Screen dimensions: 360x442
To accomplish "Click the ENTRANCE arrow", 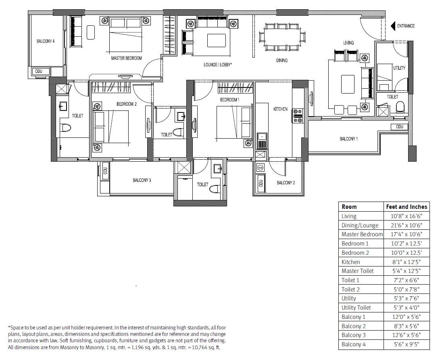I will pyautogui.click(x=393, y=26).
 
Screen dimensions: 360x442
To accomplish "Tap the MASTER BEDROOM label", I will pyautogui.click(x=126, y=58).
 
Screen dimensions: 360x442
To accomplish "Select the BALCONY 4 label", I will pyautogui.click(x=45, y=41).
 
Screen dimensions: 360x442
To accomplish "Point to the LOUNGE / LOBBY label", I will pyautogui.click(x=217, y=65).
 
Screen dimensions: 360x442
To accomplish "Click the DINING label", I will pyautogui.click(x=282, y=60).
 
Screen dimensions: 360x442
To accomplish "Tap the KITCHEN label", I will pyautogui.click(x=280, y=109).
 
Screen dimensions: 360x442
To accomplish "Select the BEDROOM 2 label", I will pyautogui.click(x=127, y=104).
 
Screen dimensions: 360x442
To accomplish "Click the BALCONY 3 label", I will pyautogui.click(x=142, y=180).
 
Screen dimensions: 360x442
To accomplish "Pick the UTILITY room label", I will pyautogui.click(x=399, y=68).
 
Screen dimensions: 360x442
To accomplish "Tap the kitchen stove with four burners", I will pyautogui.click(x=298, y=115).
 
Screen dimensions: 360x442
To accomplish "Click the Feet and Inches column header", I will pyautogui.click(x=406, y=206).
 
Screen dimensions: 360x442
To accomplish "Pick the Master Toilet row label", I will pyautogui.click(x=357, y=271).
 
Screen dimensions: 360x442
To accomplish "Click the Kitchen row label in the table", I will pyautogui.click(x=350, y=262).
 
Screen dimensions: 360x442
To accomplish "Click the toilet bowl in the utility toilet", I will pyautogui.click(x=400, y=107).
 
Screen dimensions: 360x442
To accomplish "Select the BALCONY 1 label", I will pyautogui.click(x=349, y=139).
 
